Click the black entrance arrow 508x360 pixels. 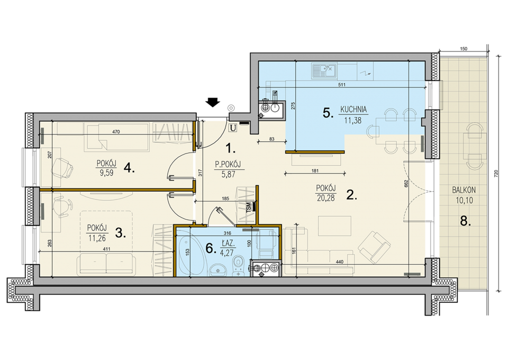click(x=213, y=102)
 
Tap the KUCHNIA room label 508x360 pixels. click(x=353, y=110)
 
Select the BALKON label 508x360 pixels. click(x=464, y=190)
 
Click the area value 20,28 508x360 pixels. click(x=325, y=198)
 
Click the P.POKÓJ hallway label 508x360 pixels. click(x=228, y=165)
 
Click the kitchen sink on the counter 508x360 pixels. click(x=324, y=71)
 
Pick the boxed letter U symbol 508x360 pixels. click(x=233, y=128)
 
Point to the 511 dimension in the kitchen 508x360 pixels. click(x=341, y=85)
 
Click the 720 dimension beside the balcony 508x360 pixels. click(x=495, y=175)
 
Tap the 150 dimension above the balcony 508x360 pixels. click(x=464, y=49)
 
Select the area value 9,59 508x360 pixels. click(x=106, y=173)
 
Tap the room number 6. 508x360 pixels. click(x=211, y=248)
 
